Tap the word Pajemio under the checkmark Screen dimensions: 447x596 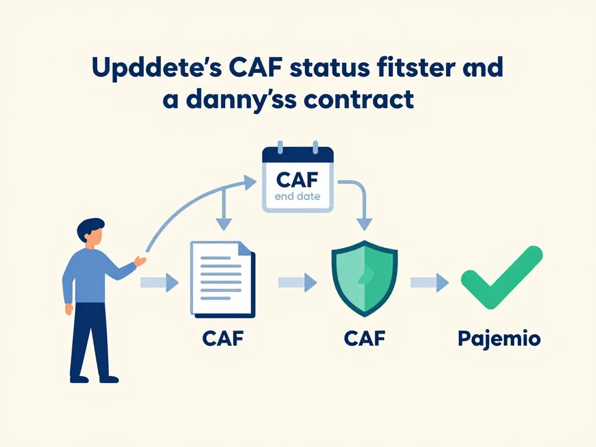point(499,339)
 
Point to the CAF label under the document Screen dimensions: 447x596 point(222,339)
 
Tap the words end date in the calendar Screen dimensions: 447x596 point(297,196)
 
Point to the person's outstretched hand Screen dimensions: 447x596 point(140,261)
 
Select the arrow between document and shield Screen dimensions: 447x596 point(297,283)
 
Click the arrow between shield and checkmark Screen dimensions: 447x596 point(430,283)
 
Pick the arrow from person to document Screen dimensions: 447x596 point(159,283)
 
